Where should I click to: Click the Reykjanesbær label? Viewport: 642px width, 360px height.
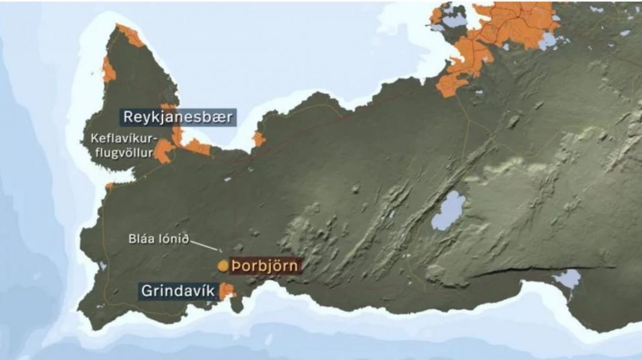177,117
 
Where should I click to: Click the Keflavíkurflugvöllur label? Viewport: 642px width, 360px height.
121,146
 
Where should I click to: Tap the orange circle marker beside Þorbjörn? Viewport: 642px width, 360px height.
223,265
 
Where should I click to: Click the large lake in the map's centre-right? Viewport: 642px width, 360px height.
448,211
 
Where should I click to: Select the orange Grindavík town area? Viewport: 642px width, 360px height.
227,291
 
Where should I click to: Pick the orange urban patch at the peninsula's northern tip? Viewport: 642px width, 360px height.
130,35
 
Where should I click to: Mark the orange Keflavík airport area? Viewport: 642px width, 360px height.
162,150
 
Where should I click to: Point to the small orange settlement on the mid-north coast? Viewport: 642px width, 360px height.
259,139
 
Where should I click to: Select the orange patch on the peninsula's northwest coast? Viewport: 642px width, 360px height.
109,69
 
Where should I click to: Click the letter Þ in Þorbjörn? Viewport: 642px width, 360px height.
237,265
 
